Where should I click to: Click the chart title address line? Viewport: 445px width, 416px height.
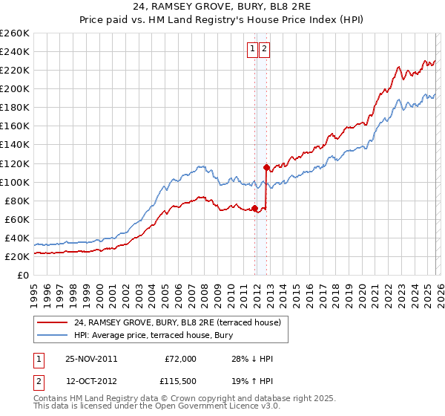pos(222,7)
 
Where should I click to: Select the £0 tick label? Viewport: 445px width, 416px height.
pos(23,275)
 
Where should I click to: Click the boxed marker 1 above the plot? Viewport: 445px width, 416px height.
pos(252,50)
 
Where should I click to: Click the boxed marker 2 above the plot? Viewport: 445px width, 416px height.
pos(265,50)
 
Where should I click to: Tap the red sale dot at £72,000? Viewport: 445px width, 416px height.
pos(255,208)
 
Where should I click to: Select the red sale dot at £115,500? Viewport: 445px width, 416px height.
pos(266,167)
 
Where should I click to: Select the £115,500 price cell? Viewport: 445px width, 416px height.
pos(180,381)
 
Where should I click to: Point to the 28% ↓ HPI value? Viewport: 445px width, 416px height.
pos(252,359)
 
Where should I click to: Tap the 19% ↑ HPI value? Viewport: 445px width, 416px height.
pos(252,381)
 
